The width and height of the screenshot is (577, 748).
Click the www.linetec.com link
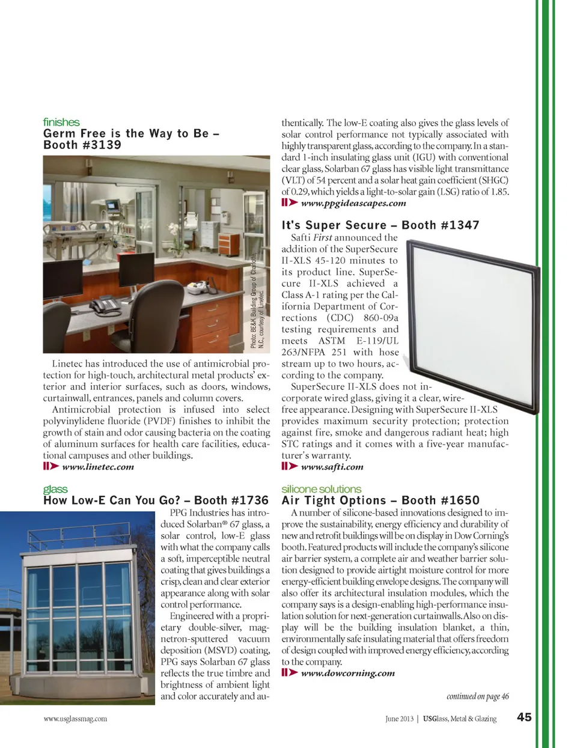tap(97, 467)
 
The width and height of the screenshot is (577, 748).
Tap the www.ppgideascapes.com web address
tap(353, 203)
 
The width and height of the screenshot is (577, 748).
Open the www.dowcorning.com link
tap(347, 673)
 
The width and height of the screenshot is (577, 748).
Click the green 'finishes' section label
tap(61, 122)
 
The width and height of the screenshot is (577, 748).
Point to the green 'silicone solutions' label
tap(321, 489)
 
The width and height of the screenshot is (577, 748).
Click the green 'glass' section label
tap(55, 489)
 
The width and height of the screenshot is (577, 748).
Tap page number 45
tap(524, 717)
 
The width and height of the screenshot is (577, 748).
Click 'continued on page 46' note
tap(477, 696)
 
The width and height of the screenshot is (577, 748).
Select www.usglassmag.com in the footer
tap(75, 719)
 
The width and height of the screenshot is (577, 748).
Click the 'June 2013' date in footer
tap(399, 719)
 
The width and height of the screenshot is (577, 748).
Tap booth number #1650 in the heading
tap(460, 500)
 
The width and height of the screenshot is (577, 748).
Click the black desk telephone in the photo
tap(104, 305)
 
